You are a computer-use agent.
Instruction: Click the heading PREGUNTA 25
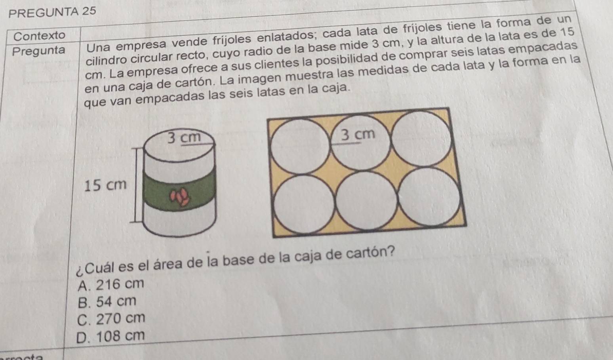(52, 12)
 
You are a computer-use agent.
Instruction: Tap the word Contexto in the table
(40, 36)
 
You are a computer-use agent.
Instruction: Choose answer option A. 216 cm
(111, 284)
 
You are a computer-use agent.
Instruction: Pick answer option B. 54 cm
(107, 302)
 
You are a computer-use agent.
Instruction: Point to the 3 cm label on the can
(184, 137)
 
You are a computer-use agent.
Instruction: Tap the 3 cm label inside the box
(358, 134)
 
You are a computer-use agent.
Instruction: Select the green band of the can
(179, 192)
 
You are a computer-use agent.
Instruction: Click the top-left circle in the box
(301, 147)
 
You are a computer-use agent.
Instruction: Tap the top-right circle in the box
(422, 139)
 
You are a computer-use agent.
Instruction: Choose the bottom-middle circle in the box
(367, 200)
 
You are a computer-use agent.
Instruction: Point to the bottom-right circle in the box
(429, 196)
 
